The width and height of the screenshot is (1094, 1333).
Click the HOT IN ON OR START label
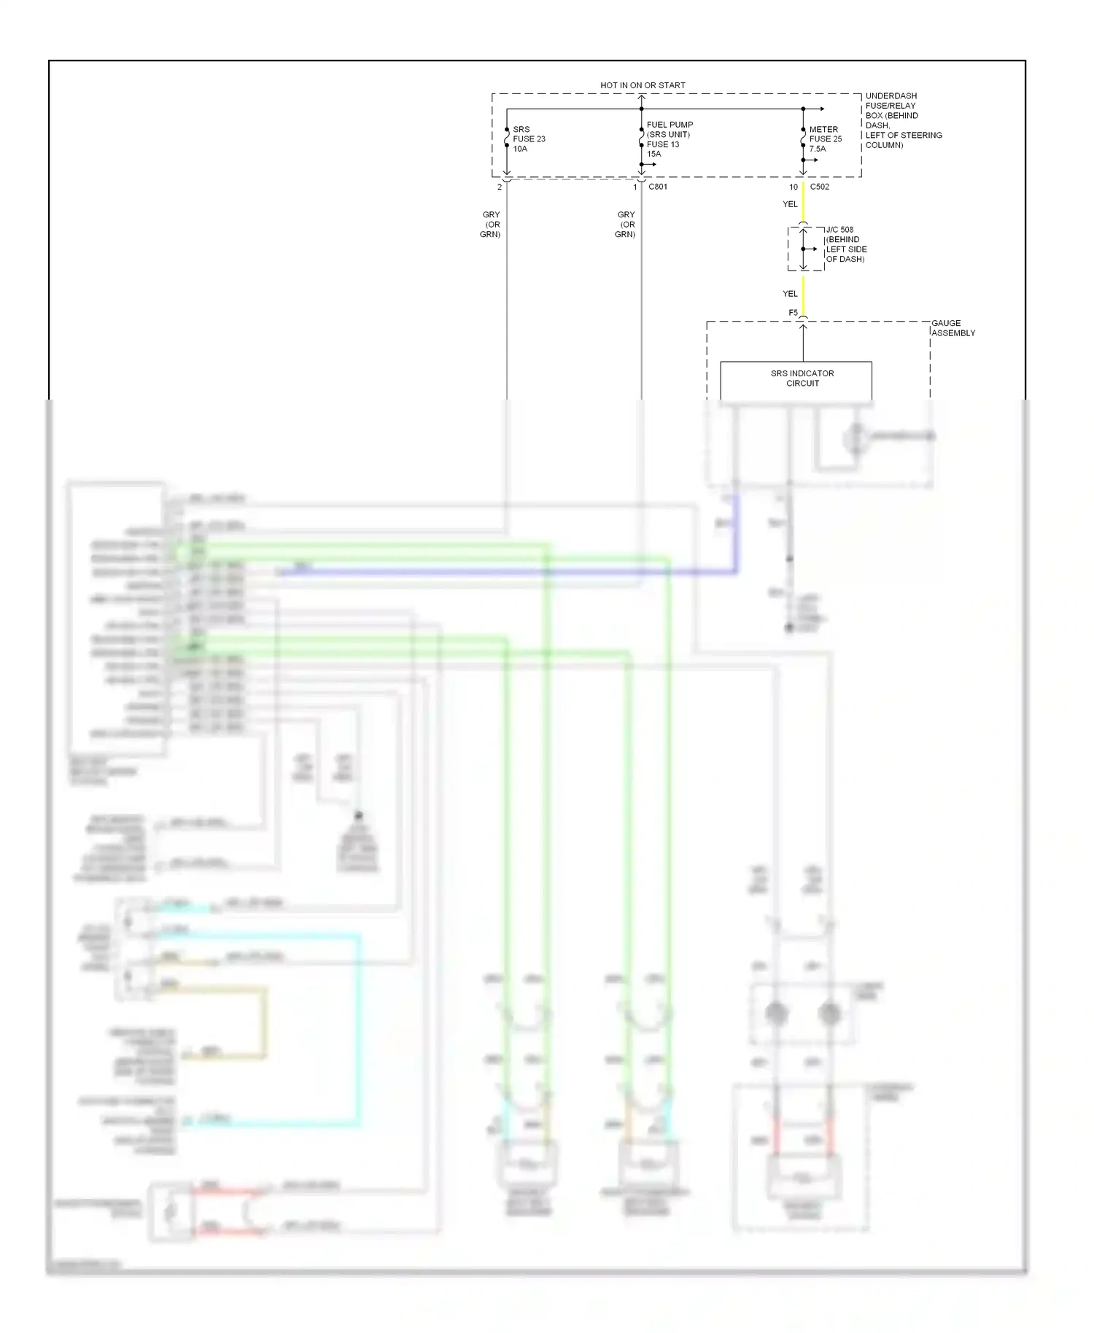click(643, 85)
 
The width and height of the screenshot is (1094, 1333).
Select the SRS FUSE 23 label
click(529, 139)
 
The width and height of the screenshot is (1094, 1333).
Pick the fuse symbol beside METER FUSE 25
click(803, 138)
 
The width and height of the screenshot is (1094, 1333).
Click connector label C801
click(657, 187)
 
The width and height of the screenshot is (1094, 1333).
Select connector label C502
click(819, 187)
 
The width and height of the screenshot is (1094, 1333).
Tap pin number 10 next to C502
click(794, 187)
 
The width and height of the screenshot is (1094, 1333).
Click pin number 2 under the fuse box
click(500, 187)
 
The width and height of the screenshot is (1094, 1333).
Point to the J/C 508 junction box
click(805, 249)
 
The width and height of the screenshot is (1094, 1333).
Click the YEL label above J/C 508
click(790, 204)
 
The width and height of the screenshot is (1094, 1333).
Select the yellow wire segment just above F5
click(803, 295)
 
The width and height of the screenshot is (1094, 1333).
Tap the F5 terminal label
click(793, 313)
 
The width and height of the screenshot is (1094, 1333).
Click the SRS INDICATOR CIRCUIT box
click(796, 378)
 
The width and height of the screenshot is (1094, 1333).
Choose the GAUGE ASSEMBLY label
click(953, 328)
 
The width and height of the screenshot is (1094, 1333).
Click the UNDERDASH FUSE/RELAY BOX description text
click(903, 120)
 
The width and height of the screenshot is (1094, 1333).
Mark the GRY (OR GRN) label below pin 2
click(491, 225)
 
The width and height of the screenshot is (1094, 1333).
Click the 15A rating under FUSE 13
click(653, 154)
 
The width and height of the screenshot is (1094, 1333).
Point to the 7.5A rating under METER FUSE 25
click(818, 149)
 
